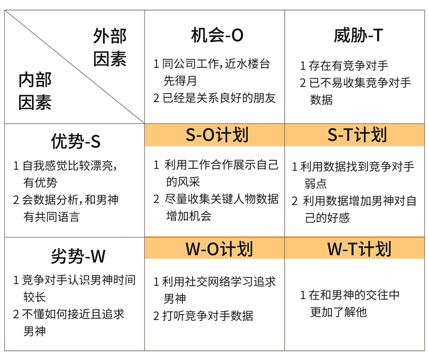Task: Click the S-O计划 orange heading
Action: point(217,135)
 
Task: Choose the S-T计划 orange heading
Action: point(357,135)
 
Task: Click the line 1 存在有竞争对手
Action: point(344,66)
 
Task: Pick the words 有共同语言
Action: point(51,217)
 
